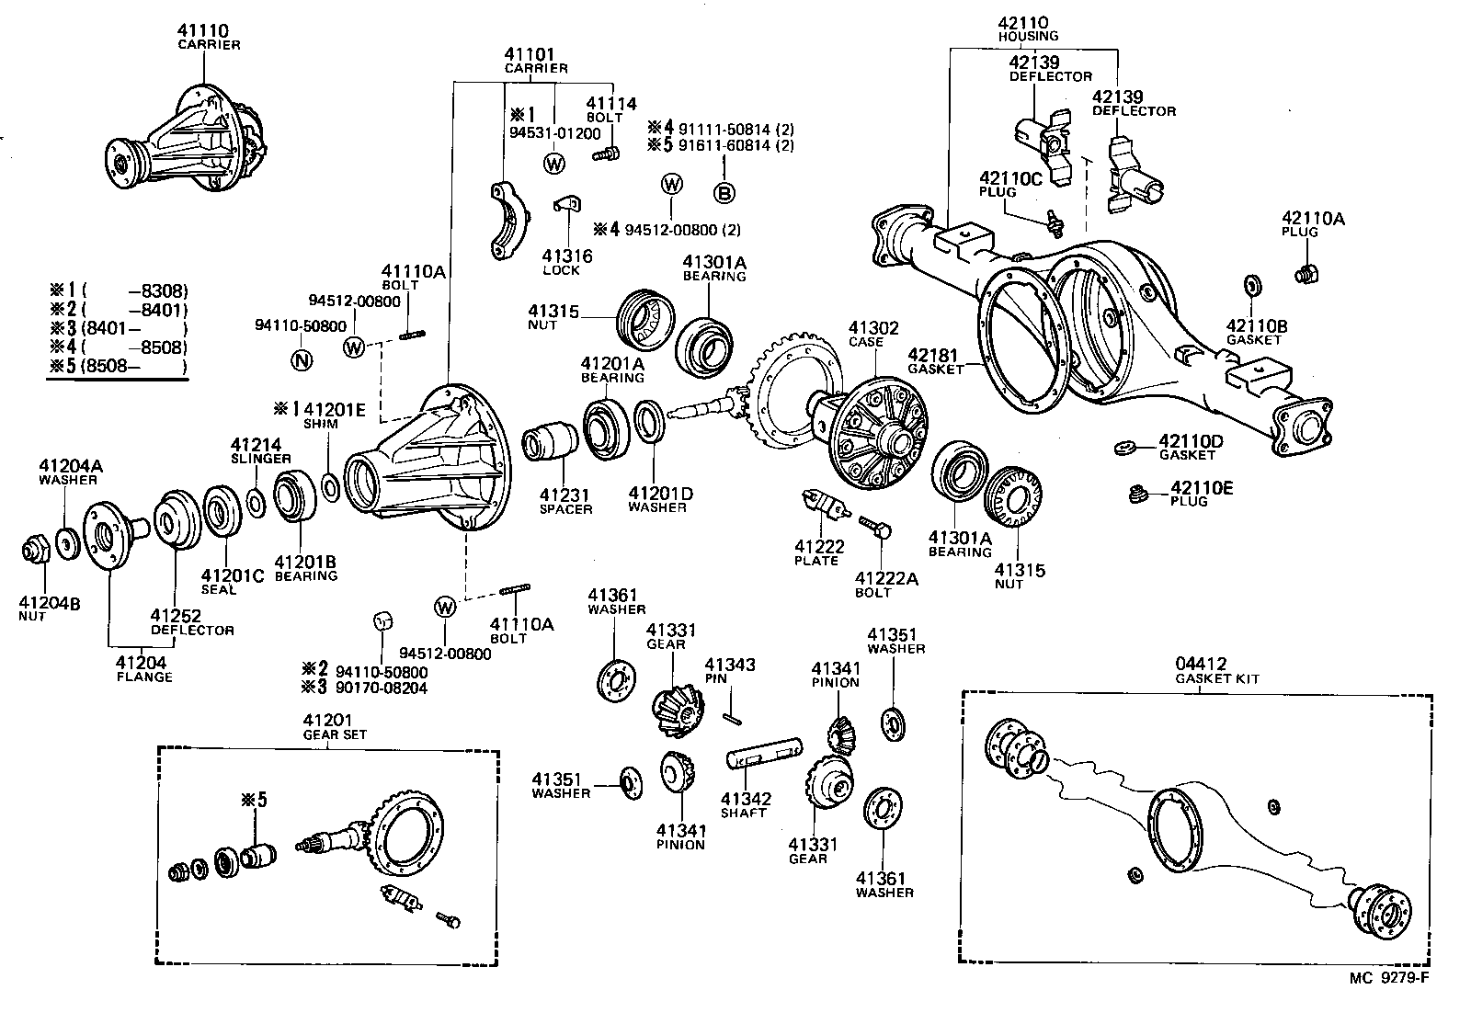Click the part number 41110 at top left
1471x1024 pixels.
[202, 31]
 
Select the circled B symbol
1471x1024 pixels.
[724, 192]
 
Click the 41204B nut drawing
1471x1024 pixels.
[35, 550]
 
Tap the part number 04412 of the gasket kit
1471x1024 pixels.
[1198, 665]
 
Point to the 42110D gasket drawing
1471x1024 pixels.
[1122, 448]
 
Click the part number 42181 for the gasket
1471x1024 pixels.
[933, 355]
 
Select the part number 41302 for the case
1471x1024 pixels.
[873, 328]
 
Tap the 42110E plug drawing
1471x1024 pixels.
[1139, 495]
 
